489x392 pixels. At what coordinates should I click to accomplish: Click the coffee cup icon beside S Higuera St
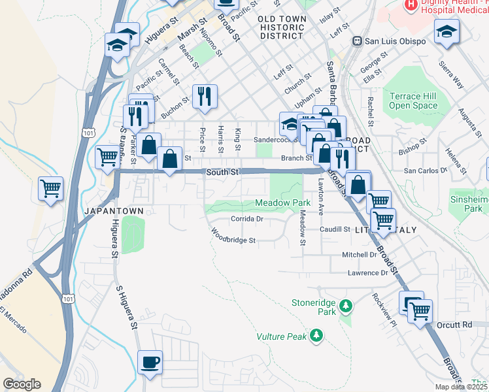[x=150, y=362]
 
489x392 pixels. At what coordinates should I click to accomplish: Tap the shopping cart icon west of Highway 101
[x=50, y=188]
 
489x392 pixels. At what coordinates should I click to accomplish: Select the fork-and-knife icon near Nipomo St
[x=205, y=97]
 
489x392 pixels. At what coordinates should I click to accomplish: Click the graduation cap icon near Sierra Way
[x=447, y=31]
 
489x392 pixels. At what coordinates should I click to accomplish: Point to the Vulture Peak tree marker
[x=317, y=336]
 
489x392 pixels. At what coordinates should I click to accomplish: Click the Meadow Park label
[x=282, y=203]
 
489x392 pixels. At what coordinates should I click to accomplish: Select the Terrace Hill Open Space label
[x=413, y=101]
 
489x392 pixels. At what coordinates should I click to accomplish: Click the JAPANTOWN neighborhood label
[x=109, y=211]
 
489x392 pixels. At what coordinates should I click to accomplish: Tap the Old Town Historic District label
[x=281, y=27]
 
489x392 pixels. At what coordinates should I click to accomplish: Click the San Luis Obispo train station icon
[x=357, y=41]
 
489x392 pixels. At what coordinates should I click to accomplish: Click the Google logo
[x=22, y=384]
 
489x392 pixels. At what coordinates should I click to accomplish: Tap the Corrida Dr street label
[x=246, y=220]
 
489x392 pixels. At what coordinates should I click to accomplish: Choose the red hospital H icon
[x=411, y=5]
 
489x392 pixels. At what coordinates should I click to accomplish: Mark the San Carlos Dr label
[x=424, y=170]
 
